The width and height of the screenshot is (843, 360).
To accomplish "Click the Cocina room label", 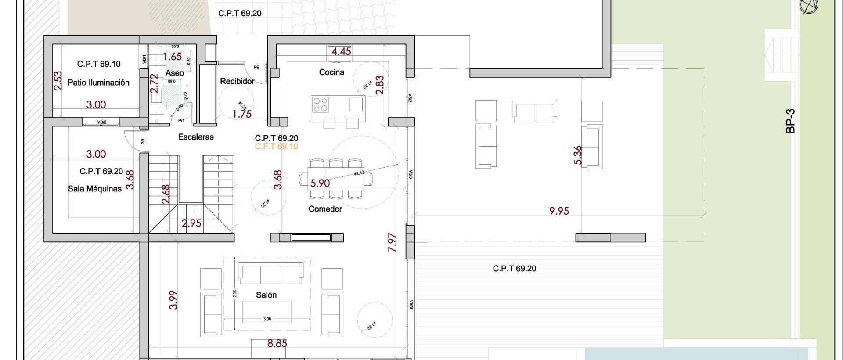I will tap(331, 72).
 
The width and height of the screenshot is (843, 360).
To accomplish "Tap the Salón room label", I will tap(267, 295).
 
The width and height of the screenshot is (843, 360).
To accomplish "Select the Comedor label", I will tap(325, 209).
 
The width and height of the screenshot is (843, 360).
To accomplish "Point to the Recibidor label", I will tap(237, 81).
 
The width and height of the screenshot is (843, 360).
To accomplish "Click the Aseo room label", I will tap(174, 73).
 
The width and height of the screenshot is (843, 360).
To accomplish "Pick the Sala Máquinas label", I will tap(95, 189).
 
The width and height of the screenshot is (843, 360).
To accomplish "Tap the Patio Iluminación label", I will tap(98, 83).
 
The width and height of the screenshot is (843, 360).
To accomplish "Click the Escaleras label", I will tap(196, 137).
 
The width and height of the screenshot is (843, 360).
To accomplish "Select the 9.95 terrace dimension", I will tap(559, 211).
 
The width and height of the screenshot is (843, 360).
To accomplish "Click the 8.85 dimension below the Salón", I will tap(277, 343).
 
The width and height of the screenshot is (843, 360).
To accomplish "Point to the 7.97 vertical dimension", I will tap(393, 242).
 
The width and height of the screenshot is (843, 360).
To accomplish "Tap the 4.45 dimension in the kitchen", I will tap(341, 51).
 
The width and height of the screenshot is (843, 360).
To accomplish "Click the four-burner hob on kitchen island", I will tap(320, 104).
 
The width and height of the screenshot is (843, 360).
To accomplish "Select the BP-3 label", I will tap(791, 121).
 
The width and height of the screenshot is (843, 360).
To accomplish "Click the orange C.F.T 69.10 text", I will tap(276, 147).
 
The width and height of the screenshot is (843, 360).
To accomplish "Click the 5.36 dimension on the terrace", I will tap(578, 155).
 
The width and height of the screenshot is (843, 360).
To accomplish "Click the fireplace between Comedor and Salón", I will tap(311, 238).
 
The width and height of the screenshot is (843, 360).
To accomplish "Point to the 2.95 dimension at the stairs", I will tap(191, 223).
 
